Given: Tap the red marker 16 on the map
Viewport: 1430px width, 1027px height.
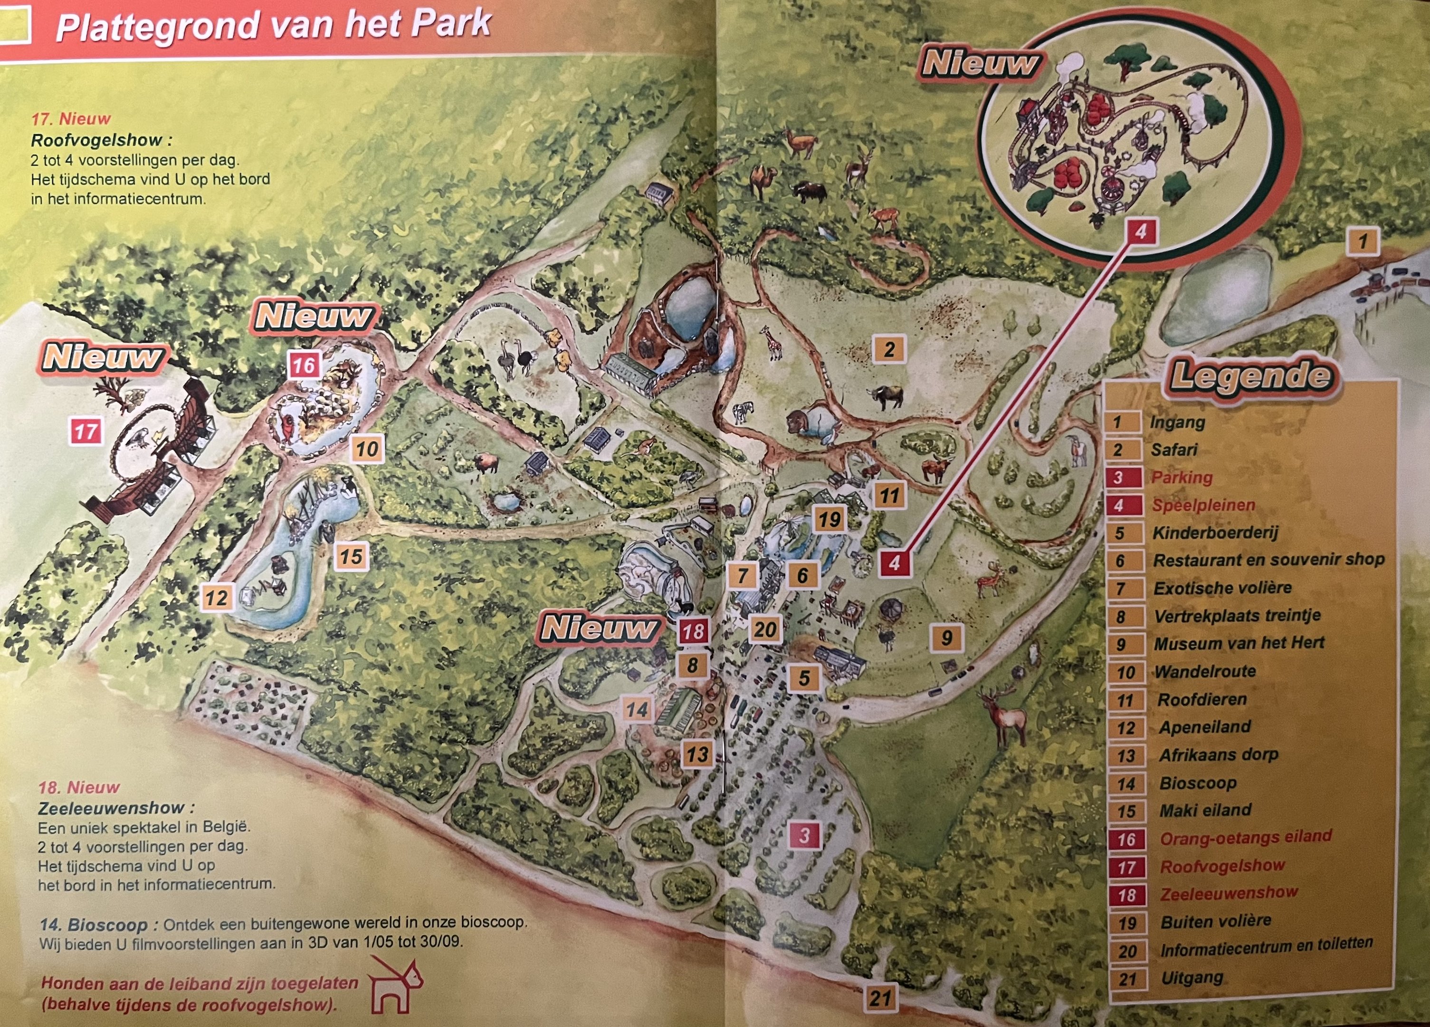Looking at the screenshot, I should point(303,365).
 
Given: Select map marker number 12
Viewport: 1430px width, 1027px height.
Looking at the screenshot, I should point(216,597).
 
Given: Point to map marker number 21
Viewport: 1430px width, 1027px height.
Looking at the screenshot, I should point(880,998).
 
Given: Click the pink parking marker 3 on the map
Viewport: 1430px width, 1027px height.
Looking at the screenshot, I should point(804,836).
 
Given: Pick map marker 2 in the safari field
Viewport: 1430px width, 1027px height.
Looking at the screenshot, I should point(889,349).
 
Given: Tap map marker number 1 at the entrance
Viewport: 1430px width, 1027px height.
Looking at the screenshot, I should point(1363,241).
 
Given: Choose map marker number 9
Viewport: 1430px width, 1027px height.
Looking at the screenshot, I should point(946,638).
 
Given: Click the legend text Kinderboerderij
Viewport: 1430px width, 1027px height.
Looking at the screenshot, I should point(1215,533).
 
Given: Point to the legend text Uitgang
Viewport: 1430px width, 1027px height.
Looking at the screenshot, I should point(1192,978).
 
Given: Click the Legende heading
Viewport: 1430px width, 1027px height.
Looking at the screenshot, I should point(1251,377).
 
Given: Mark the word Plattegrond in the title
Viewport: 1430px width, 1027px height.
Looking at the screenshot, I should point(158,27).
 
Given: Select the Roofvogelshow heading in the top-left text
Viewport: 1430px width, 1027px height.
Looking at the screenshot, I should point(101,140).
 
